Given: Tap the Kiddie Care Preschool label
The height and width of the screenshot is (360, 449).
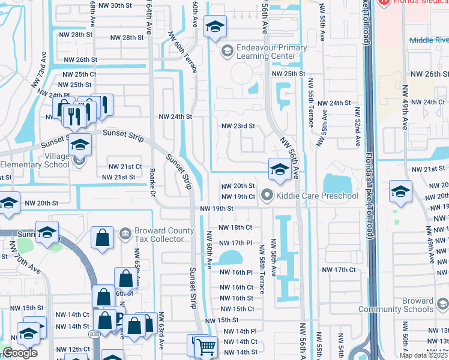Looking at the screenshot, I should [316, 196].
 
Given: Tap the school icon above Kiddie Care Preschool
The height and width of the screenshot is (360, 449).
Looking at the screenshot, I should [280, 169].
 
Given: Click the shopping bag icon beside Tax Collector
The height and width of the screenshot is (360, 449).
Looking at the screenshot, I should [103, 237].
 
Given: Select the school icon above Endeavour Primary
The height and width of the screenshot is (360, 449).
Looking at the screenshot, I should [215, 27].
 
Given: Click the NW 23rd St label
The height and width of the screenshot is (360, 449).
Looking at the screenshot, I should [238, 126].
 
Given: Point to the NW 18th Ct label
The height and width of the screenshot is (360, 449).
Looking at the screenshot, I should [235, 227].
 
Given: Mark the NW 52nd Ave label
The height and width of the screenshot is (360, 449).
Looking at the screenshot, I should [358, 127].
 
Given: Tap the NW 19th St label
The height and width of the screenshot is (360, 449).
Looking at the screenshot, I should [216, 208].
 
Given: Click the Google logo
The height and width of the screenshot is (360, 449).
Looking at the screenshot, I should [20, 353].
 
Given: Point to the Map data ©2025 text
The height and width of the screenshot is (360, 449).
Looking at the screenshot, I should [423, 356].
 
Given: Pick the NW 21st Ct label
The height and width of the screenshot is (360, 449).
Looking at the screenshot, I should [124, 166].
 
